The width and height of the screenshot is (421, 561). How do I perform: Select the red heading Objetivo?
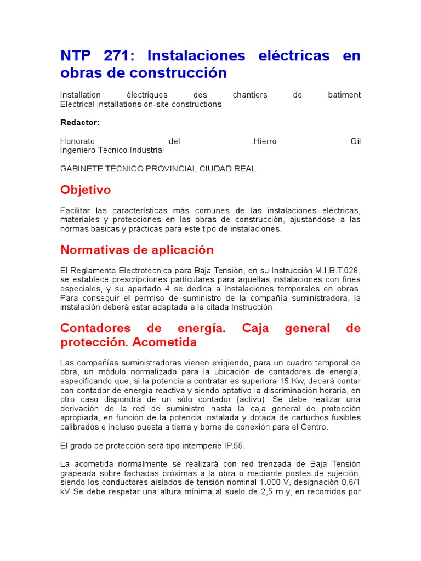tap(86, 190)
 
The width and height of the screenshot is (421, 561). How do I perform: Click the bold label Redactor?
tap(79, 122)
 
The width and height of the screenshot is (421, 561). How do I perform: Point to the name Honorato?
tap(77, 141)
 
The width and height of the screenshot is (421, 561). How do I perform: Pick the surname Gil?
tap(355, 141)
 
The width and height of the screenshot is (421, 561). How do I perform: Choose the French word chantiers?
tap(250, 95)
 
